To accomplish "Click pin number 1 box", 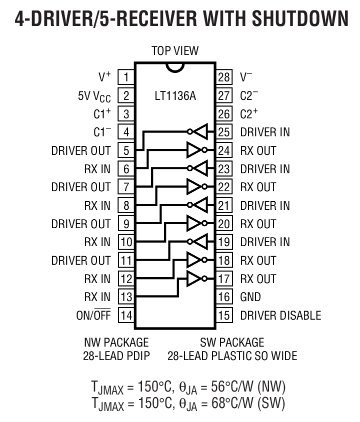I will (126, 77).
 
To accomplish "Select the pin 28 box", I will (223, 77).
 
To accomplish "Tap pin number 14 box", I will (126, 315).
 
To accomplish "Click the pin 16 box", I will (223, 297).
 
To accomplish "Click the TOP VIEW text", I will (175, 51).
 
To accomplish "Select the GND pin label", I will (250, 297).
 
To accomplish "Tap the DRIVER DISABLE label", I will (280, 315).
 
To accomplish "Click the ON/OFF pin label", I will (93, 315).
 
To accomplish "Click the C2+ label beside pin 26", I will (249, 114).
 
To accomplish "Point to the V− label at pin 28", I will (246, 77).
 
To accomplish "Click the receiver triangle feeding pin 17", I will (193, 279).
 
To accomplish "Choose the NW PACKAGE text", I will (116, 343).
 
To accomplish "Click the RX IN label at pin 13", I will (97, 297).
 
